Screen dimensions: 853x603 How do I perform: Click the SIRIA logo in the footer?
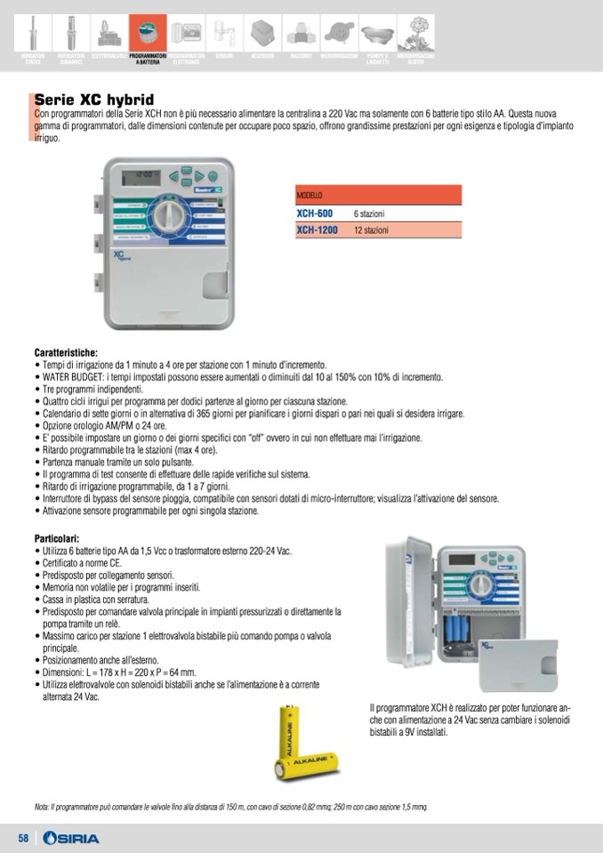point(71,839)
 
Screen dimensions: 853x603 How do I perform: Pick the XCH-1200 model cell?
point(318,229)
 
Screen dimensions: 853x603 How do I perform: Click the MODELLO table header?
point(310,195)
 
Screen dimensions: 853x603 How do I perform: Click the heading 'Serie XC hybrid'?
point(93,99)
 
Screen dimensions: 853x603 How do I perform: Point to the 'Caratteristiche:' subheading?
point(66,352)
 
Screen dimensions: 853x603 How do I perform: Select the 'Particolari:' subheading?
point(57,538)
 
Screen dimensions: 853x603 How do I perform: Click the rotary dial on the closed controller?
point(166,214)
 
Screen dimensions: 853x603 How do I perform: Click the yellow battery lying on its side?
point(309,764)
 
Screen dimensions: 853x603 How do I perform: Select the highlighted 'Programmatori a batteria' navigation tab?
point(148,36)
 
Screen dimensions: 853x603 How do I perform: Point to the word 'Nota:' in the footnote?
point(41,807)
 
